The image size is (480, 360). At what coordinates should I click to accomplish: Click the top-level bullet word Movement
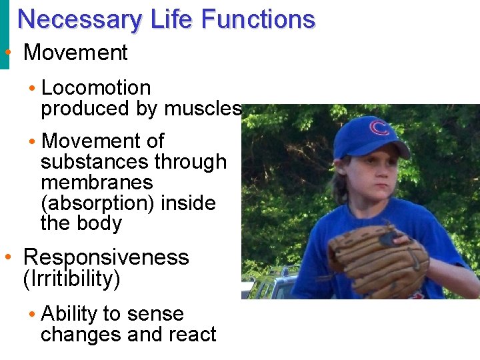[x=75, y=53]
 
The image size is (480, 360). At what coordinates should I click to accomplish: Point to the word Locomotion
[x=96, y=87]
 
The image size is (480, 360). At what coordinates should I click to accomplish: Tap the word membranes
[x=97, y=182]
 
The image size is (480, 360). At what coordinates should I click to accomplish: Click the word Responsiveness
[x=106, y=257]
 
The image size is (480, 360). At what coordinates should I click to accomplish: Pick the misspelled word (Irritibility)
[x=72, y=279]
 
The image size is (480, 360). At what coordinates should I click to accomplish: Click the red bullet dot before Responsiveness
[x=7, y=257]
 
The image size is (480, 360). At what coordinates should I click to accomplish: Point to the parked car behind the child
[x=270, y=285]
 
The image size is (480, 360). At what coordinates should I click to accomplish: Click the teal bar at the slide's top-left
[x=5, y=33]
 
